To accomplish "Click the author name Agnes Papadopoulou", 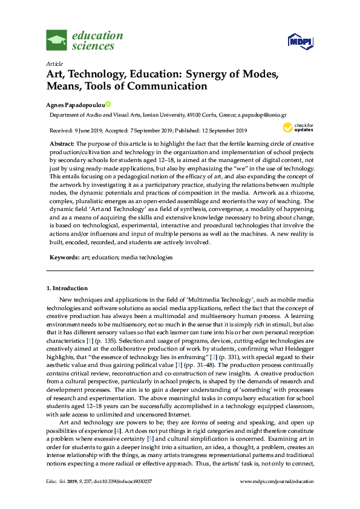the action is coord(76,103).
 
